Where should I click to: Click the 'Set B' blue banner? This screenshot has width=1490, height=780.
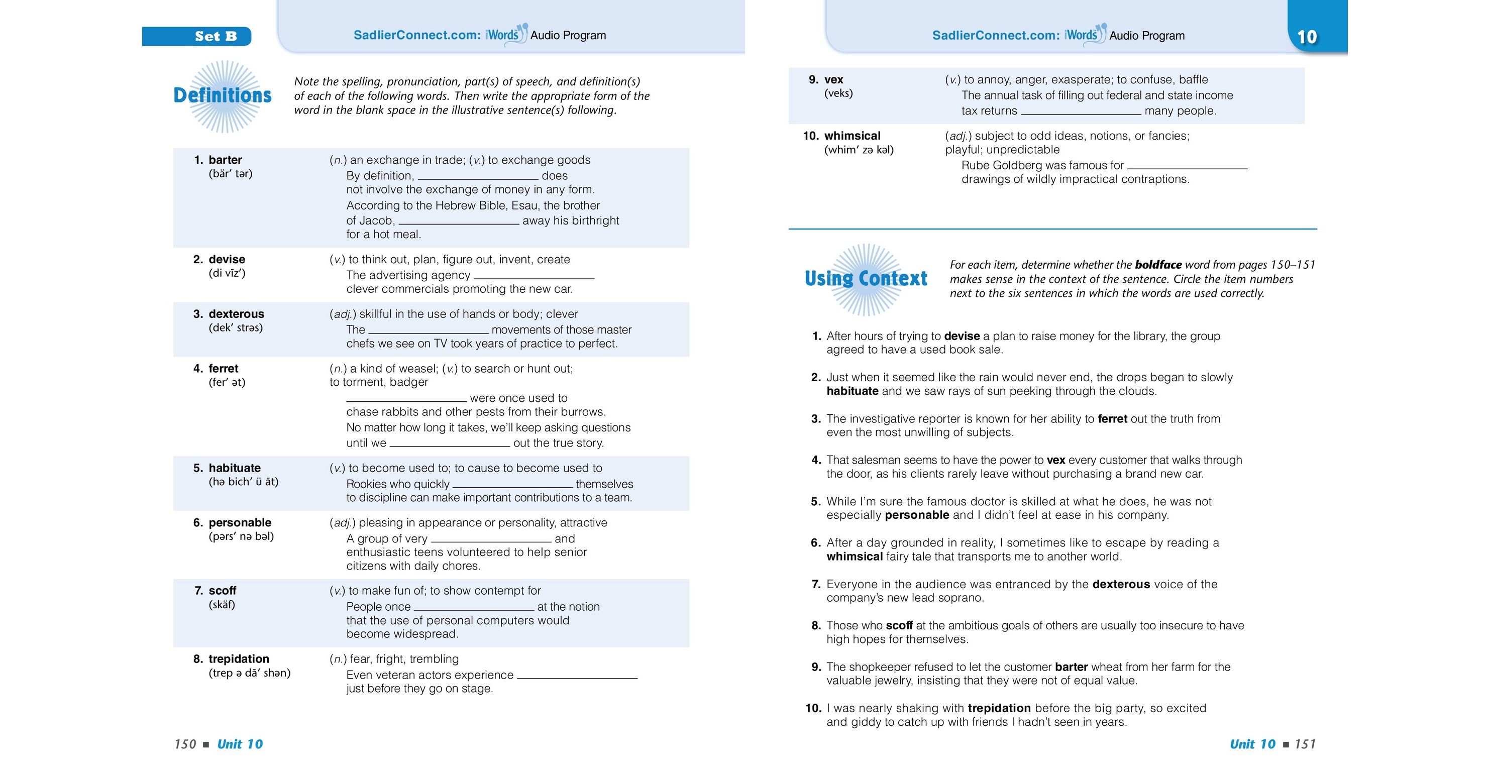[196, 37]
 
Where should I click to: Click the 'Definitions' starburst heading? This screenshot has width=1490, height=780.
[223, 95]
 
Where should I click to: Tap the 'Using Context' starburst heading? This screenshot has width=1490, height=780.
[866, 279]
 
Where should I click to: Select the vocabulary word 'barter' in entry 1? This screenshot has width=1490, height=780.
[225, 160]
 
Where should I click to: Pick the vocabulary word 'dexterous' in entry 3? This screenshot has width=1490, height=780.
[236, 314]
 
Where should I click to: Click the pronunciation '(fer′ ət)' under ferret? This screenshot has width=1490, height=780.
[227, 382]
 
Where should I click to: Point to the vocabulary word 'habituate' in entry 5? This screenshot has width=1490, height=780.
[234, 468]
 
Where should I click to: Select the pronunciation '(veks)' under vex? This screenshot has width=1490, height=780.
[838, 93]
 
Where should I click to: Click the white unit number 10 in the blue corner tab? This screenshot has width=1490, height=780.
[1307, 37]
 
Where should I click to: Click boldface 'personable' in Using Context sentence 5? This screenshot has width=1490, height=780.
[917, 515]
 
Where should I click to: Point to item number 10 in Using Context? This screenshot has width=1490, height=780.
[813, 708]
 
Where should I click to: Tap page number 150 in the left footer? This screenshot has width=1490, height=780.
[185, 744]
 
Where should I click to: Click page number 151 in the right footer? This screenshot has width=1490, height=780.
[1305, 744]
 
